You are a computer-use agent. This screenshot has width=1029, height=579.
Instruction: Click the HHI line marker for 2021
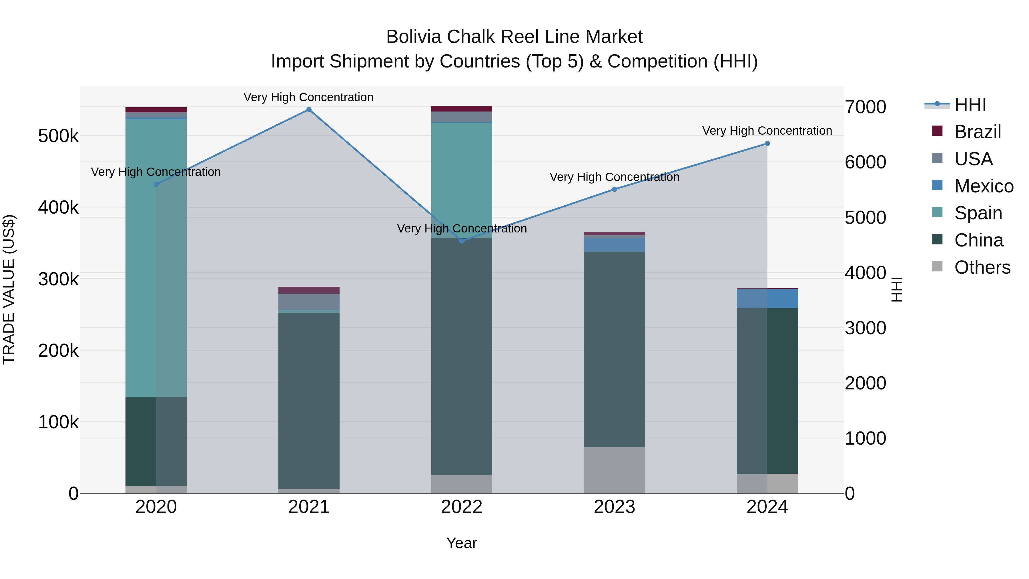(x=309, y=110)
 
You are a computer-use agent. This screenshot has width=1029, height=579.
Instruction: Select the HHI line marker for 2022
(x=462, y=241)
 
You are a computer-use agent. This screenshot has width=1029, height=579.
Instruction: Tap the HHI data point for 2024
(x=767, y=144)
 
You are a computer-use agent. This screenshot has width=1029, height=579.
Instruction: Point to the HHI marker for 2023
(x=614, y=189)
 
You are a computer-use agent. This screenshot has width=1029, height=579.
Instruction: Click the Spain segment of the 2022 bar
(x=462, y=180)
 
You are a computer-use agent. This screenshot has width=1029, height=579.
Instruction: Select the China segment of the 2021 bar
(x=309, y=400)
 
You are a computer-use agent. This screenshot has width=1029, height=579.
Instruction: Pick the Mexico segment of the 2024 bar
(x=767, y=299)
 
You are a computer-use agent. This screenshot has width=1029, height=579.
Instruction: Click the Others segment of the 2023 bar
(x=614, y=469)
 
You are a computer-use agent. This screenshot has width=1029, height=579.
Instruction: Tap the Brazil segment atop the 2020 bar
(x=156, y=110)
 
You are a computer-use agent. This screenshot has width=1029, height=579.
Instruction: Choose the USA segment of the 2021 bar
(x=309, y=302)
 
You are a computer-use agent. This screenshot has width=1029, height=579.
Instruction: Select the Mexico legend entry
(x=984, y=186)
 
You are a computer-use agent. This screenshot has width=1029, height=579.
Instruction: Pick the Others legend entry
(x=982, y=267)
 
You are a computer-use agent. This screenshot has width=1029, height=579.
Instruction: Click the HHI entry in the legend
(x=970, y=105)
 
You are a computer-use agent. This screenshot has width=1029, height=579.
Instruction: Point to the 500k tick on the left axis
(x=58, y=136)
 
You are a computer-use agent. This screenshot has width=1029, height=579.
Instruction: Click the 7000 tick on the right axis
(x=865, y=107)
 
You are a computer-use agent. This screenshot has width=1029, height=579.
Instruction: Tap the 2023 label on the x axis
(x=614, y=507)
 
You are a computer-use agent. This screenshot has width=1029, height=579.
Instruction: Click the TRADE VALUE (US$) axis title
(x=9, y=289)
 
